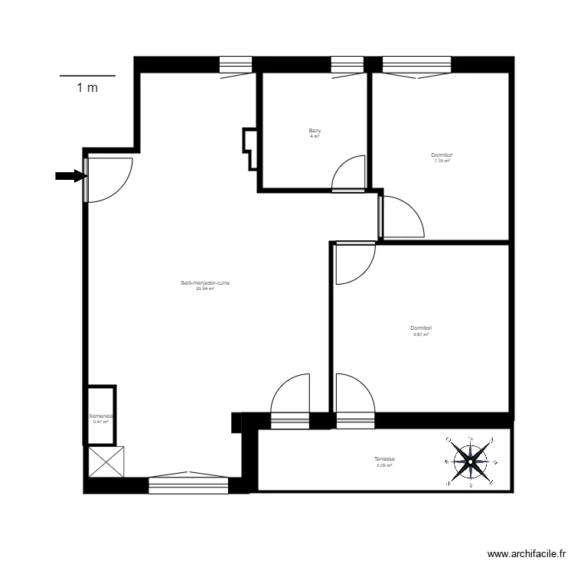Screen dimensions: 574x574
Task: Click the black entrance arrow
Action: (68, 176)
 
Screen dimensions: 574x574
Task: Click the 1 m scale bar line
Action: (87, 76)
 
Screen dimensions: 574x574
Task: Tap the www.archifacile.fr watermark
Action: (528, 555)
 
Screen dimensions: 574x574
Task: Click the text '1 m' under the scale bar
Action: (87, 87)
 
